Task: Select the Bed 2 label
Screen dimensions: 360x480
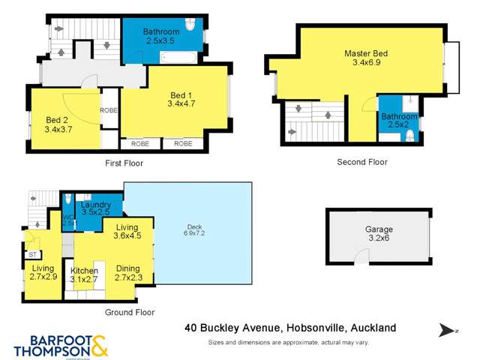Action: (57, 120)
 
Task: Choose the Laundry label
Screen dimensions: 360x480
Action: (95, 204)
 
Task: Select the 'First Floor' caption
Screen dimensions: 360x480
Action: (124, 163)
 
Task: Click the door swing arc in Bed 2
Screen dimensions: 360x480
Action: (76, 103)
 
